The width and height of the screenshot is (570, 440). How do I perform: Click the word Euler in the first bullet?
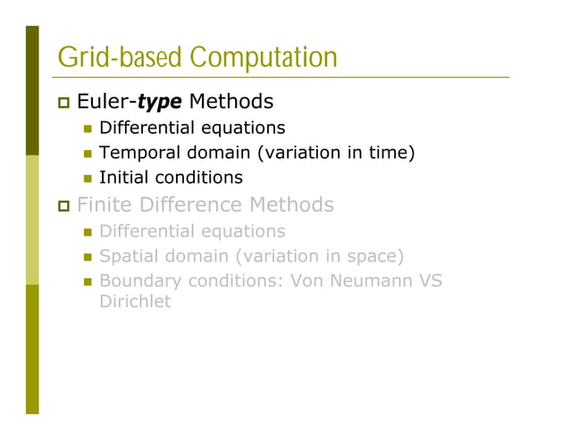[x=104, y=103]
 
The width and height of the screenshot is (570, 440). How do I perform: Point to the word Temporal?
[x=132, y=153]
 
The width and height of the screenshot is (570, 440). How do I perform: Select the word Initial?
[x=121, y=178]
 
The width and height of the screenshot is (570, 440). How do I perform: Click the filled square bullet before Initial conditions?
[x=88, y=178]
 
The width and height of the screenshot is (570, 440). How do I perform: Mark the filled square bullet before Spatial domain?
[x=88, y=257]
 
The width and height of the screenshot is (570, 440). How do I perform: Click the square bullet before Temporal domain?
[x=88, y=154]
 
